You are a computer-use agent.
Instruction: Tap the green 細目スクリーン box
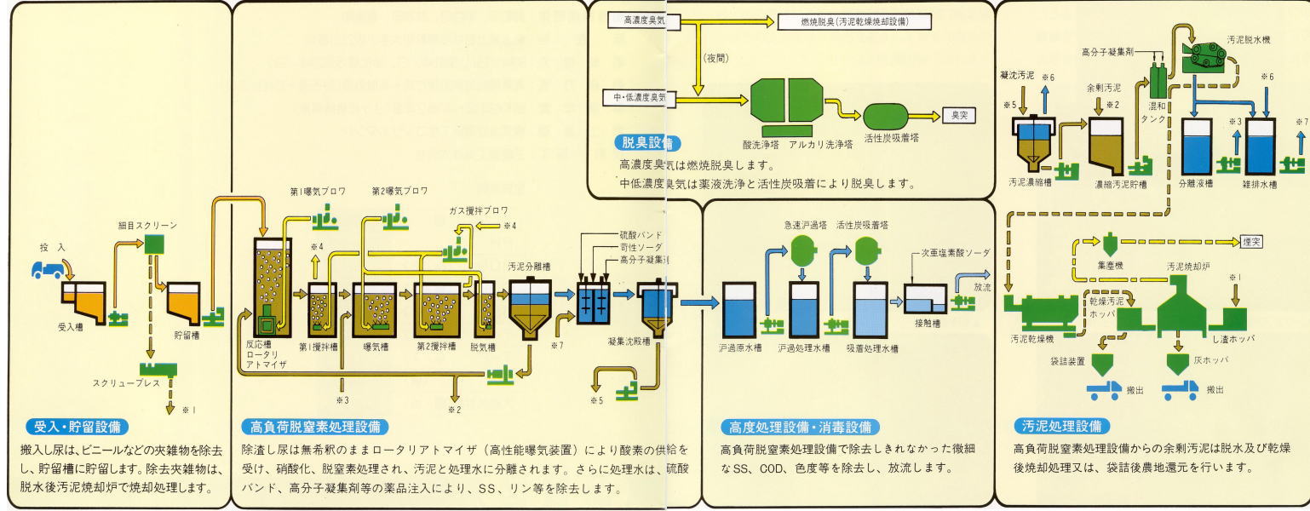(153, 244)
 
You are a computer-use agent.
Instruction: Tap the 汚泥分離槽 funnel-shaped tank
(530, 311)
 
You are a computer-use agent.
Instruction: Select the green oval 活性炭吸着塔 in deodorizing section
(892, 117)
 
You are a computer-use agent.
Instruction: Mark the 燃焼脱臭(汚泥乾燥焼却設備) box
(854, 21)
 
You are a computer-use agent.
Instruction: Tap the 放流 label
(982, 288)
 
